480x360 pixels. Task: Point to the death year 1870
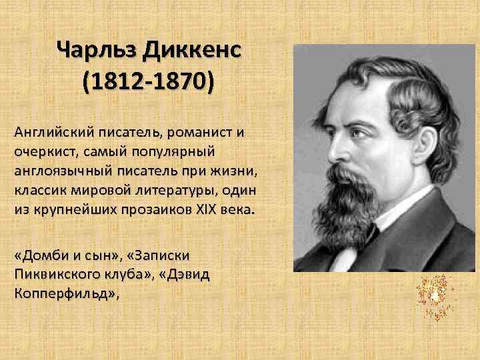click(x=179, y=84)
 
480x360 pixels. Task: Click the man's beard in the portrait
click(x=343, y=207)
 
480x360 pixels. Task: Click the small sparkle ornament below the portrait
click(x=434, y=294)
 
